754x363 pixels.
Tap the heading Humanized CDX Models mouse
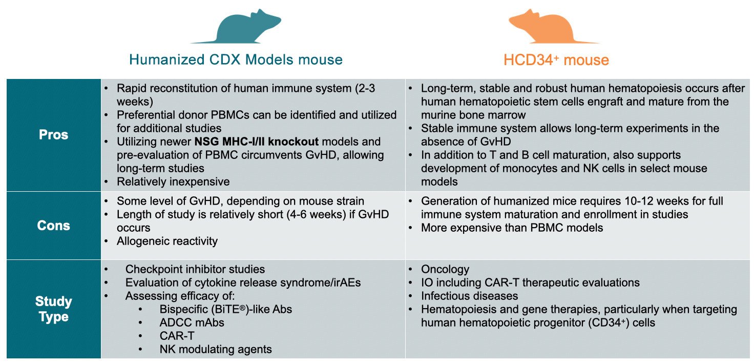(x=236, y=59)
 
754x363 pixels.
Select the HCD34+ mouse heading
(x=556, y=60)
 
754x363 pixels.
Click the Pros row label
(x=53, y=134)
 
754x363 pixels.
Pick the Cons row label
(x=53, y=226)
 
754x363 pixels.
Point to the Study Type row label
(x=53, y=309)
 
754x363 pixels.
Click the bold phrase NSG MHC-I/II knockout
(x=257, y=142)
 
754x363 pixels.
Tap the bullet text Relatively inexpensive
(x=173, y=181)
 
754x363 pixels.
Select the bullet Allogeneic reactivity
(x=167, y=241)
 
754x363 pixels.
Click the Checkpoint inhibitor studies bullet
(x=195, y=269)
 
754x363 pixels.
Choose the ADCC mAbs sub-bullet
(x=192, y=322)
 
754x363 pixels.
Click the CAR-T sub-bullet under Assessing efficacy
(x=177, y=336)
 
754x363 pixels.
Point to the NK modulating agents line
(x=216, y=349)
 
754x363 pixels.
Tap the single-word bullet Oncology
(x=445, y=269)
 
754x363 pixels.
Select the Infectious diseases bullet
(x=469, y=296)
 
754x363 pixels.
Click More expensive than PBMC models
(x=512, y=228)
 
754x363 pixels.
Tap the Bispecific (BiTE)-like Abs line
(x=225, y=309)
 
